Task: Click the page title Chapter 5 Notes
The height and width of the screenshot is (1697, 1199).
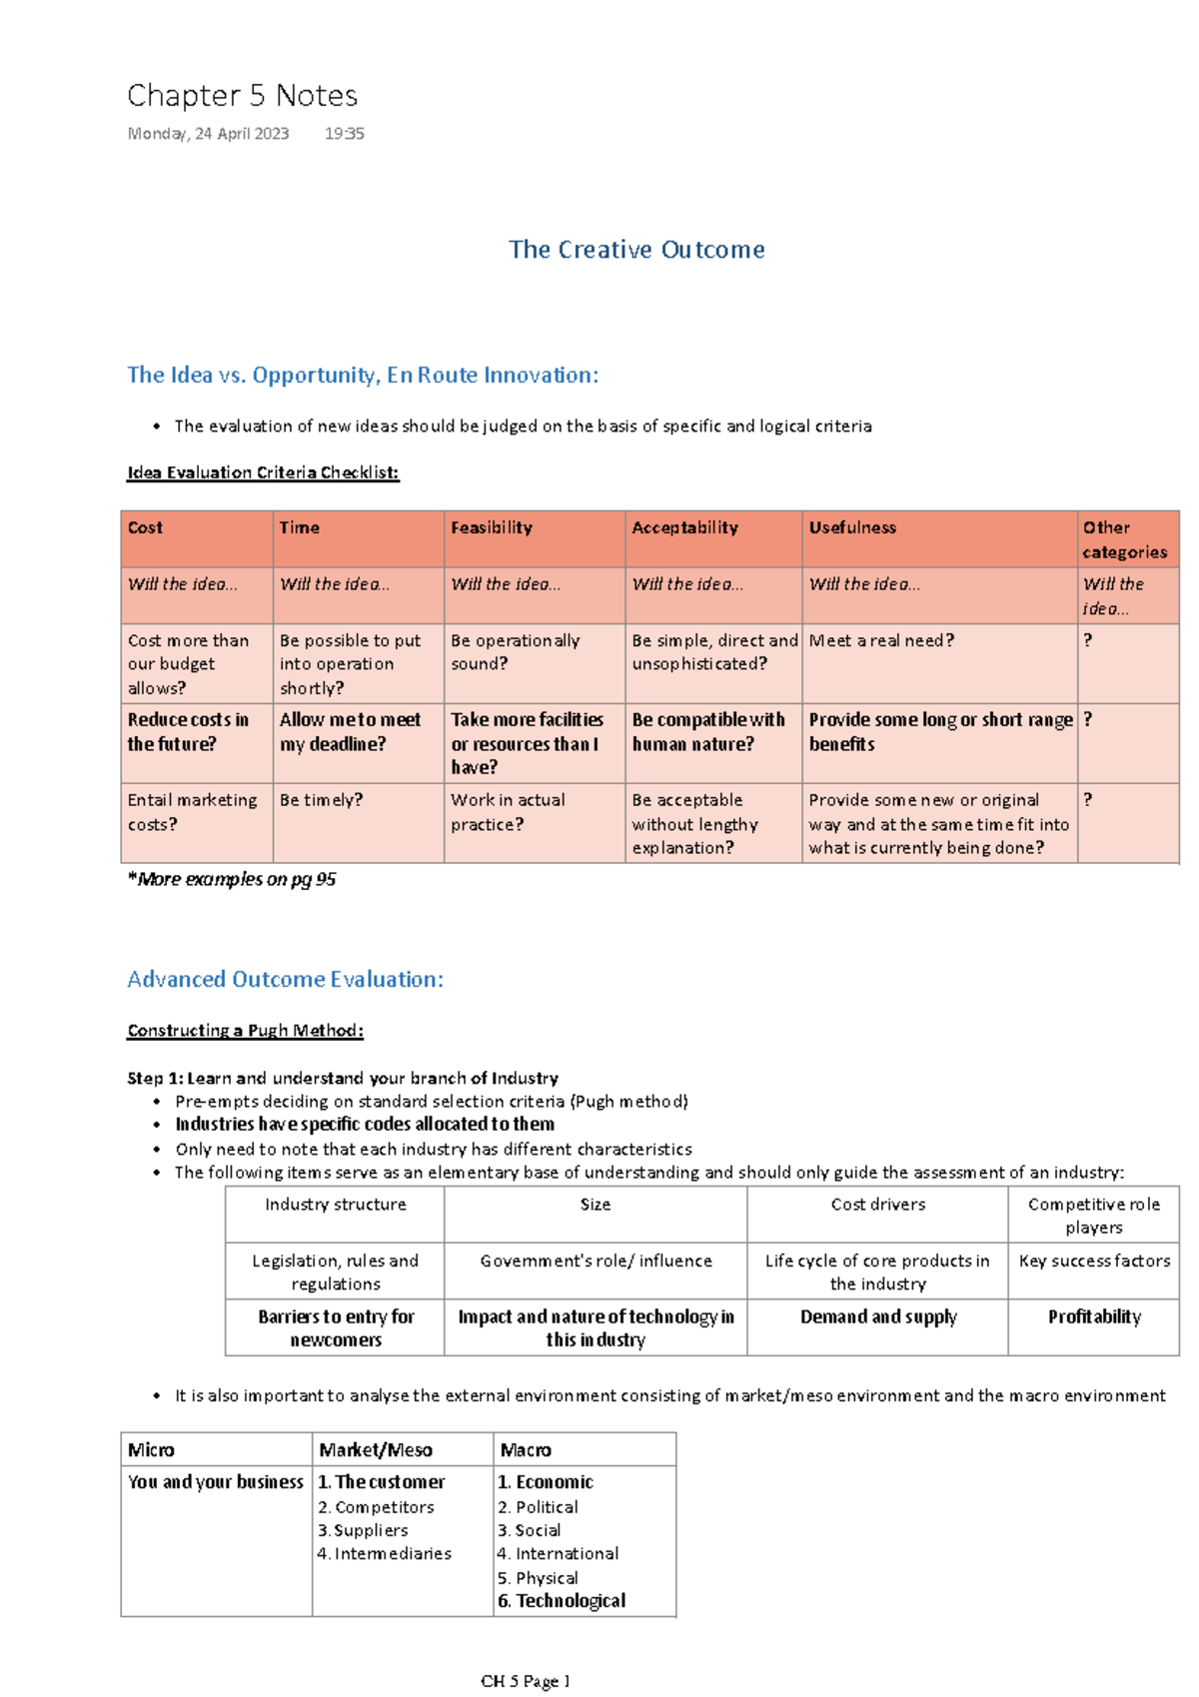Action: pos(242,96)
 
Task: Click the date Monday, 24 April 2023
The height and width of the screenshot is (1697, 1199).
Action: pos(208,134)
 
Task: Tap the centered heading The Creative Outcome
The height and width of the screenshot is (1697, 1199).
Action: pos(636,250)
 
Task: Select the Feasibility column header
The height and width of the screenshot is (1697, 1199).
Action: pos(492,527)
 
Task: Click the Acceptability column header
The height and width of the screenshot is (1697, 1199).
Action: pos(684,527)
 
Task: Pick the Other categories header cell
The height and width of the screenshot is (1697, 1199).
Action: pos(1124,539)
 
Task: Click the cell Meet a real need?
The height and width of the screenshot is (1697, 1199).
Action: pos(881,640)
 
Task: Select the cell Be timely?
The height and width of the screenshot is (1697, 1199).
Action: pos(321,800)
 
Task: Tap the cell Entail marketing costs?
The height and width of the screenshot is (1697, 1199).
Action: pos(192,812)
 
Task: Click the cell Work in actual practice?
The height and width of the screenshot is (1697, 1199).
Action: pos(508,812)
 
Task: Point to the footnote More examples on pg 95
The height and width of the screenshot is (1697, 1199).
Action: pos(232,880)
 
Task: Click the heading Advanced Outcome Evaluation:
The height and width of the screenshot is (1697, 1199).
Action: pos(285,980)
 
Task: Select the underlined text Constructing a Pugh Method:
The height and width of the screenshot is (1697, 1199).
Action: pos(245,1031)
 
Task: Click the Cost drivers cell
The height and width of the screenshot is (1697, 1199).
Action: pos(877,1205)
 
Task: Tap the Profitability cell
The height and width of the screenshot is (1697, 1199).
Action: pos(1094,1317)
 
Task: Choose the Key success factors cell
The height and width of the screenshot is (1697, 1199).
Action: pos(1094,1262)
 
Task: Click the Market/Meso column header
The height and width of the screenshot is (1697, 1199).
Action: pos(376,1450)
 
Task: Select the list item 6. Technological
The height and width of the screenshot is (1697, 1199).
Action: pos(562,1601)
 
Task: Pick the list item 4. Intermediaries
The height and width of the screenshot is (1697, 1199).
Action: pos(385,1554)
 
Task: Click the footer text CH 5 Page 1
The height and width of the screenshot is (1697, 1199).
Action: pos(525,1681)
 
